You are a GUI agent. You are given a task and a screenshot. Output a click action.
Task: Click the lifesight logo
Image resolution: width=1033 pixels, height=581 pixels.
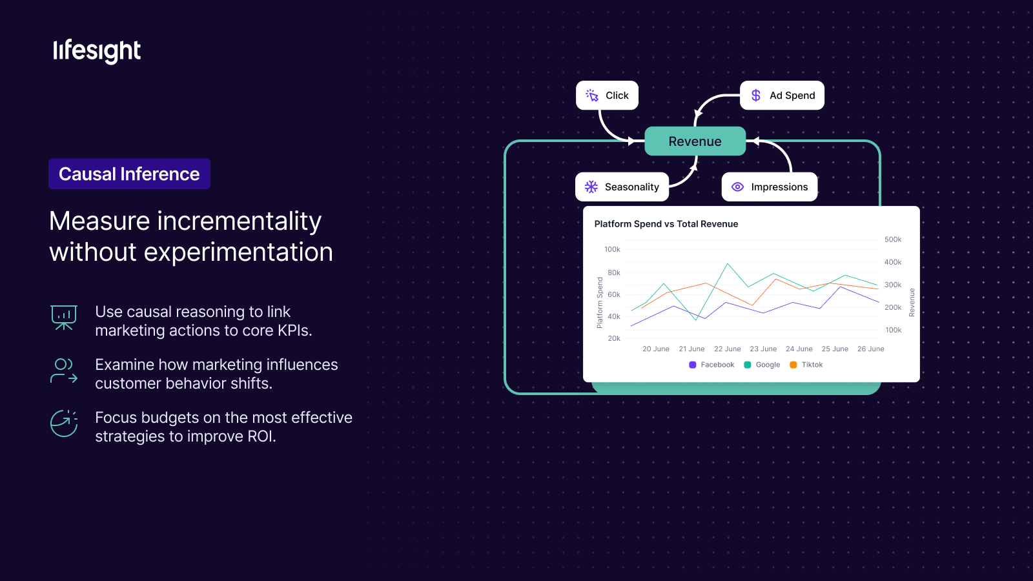tap(97, 51)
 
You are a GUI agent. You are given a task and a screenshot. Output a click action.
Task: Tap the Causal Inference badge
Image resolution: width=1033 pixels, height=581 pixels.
tap(129, 174)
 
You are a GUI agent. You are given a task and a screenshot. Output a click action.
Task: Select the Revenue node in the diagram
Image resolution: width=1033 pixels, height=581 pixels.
tap(695, 141)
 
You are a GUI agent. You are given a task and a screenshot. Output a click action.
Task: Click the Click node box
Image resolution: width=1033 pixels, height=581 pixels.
tap(607, 96)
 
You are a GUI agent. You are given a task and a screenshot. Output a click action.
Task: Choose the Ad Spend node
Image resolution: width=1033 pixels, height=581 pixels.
tap(782, 96)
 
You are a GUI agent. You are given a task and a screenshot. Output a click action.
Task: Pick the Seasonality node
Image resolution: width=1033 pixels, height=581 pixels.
tap(622, 187)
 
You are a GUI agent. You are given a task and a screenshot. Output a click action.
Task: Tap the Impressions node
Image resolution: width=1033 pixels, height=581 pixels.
tap(770, 187)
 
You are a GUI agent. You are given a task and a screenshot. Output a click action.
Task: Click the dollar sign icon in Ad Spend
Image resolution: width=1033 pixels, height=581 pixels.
tap(756, 96)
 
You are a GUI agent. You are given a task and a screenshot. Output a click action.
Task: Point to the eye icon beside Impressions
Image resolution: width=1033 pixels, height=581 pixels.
tap(738, 187)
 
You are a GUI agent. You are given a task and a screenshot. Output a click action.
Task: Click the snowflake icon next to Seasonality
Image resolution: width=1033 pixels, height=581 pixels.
tap(591, 187)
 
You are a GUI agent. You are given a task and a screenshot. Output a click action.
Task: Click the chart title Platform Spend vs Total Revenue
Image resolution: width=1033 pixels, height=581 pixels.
tap(666, 224)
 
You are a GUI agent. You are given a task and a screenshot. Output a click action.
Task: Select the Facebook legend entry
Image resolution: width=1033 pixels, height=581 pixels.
tap(711, 365)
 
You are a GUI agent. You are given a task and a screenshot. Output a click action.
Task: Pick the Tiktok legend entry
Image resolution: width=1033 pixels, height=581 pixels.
tap(806, 365)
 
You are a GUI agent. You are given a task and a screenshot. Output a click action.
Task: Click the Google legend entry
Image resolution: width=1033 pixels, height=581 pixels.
tap(762, 365)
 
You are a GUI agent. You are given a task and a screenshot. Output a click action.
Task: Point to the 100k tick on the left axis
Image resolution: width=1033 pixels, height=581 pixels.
tap(613, 249)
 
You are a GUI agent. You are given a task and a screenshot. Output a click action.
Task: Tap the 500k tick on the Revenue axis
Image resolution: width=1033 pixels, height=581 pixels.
tap(893, 240)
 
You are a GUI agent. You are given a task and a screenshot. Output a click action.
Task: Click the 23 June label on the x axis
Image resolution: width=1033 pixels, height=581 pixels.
tap(763, 349)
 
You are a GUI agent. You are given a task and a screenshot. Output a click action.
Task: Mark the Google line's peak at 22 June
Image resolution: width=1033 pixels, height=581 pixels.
tap(728, 264)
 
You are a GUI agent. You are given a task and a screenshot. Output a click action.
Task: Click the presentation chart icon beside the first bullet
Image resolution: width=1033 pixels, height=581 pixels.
tap(64, 318)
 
